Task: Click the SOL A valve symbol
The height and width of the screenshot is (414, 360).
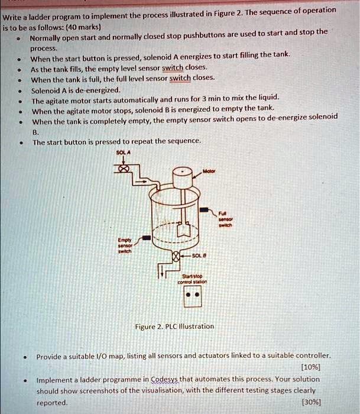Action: point(124,169)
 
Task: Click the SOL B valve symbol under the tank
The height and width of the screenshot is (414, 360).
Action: point(175,256)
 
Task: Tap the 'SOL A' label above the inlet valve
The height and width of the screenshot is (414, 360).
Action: point(123,153)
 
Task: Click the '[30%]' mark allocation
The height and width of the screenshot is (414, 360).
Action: point(312,402)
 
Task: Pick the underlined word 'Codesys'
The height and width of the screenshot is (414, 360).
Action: point(167,379)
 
